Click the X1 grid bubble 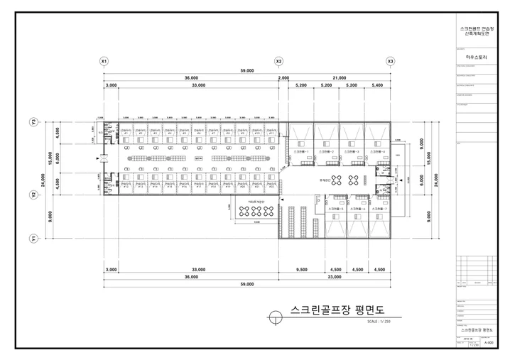click(x=104, y=62)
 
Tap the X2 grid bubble click(x=279, y=62)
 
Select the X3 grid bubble click(x=390, y=62)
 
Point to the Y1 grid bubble click(x=33, y=239)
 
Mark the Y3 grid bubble click(x=33, y=122)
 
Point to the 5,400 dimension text click(x=378, y=85)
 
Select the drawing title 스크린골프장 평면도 click(x=337, y=310)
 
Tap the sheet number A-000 click(x=489, y=342)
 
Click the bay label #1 click(x=126, y=133)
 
